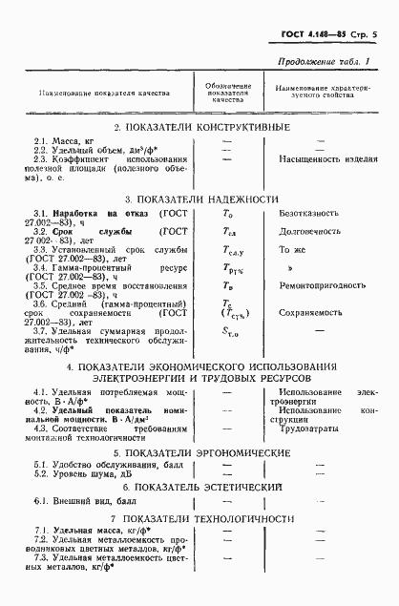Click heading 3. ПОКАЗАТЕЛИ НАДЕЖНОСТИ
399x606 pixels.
199,199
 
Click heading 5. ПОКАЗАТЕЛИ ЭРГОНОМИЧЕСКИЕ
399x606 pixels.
199,452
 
